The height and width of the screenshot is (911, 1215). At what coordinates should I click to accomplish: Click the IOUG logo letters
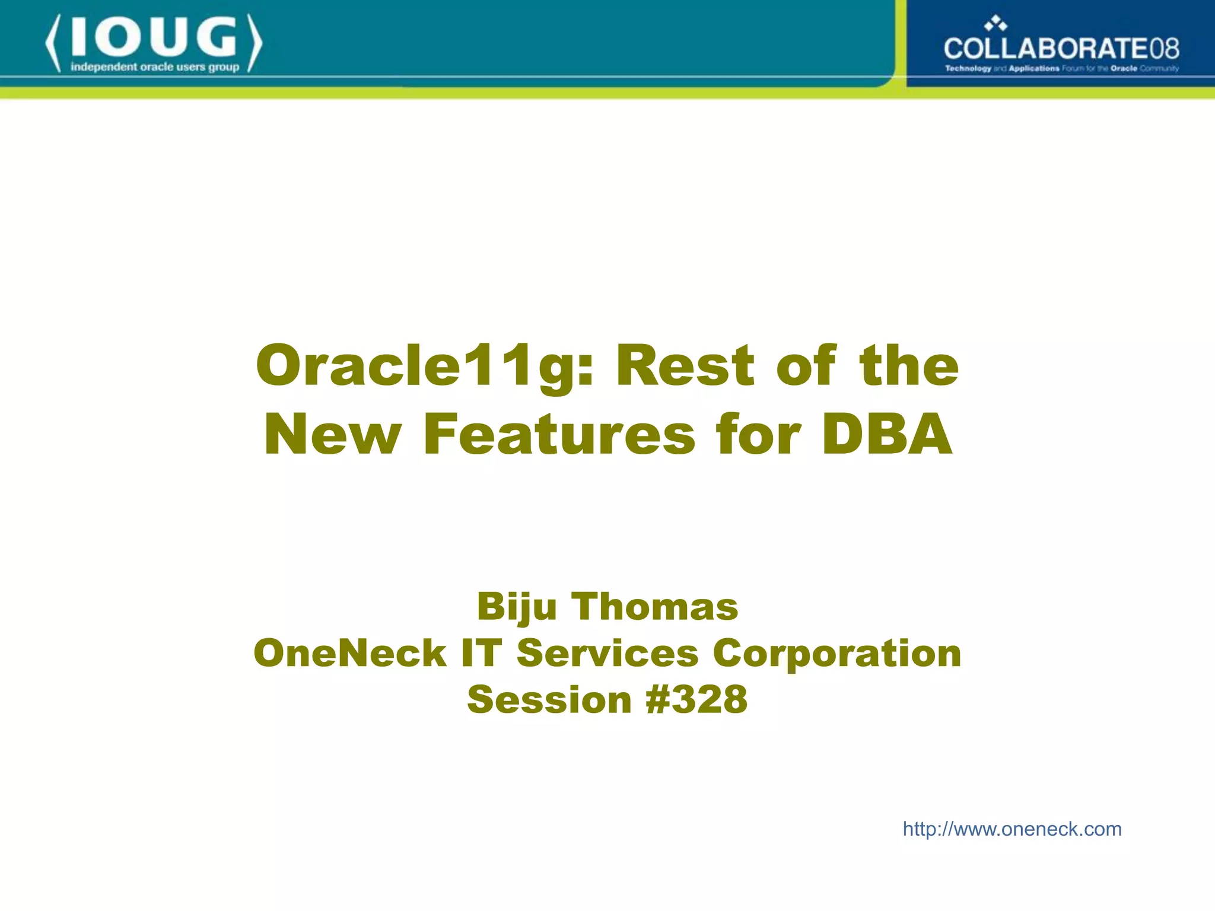[154, 38]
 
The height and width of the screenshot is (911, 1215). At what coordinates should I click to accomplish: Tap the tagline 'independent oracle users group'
[155, 67]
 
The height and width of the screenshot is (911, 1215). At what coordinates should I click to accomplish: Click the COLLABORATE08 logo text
[1061, 48]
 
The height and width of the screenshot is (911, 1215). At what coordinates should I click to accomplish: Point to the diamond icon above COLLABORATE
[995, 24]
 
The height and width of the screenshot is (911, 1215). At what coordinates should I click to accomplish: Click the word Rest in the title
[686, 365]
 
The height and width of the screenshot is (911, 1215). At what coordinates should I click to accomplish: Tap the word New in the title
[332, 435]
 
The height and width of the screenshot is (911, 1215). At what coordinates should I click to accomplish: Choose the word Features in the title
[559, 435]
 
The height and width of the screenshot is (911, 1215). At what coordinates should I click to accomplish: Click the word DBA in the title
[887, 435]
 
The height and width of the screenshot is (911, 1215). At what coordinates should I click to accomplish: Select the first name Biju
[517, 608]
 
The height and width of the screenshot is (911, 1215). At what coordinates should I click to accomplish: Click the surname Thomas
[655, 607]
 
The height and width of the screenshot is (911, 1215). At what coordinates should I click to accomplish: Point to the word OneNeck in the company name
[350, 653]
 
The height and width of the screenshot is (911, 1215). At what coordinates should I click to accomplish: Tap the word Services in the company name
[607, 653]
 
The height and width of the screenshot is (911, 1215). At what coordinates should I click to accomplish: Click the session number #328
[696, 699]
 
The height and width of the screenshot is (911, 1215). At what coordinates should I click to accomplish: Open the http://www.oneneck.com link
[1012, 829]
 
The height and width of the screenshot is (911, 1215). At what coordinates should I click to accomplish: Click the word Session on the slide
[549, 699]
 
